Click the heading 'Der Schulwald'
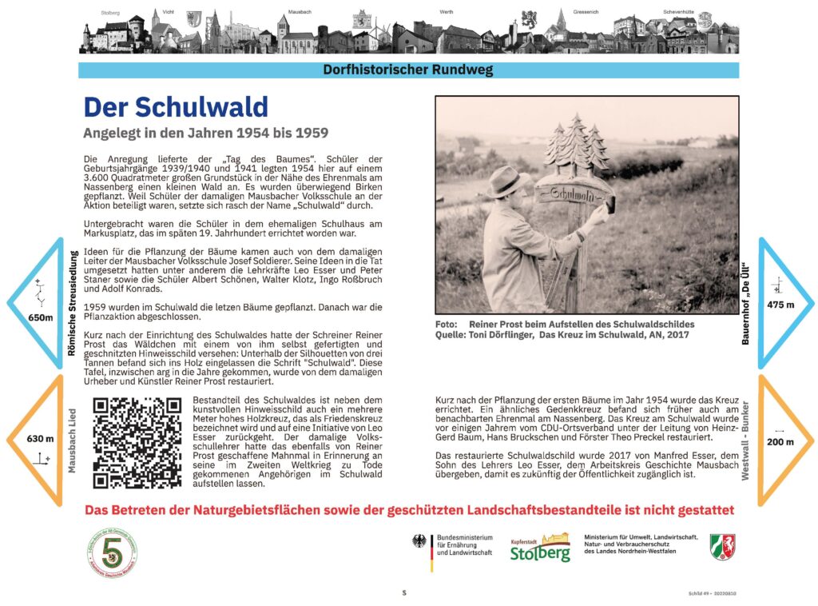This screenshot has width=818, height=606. (176, 108)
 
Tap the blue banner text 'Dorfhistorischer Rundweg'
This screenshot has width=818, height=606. (407, 70)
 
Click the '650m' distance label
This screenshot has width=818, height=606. (40, 317)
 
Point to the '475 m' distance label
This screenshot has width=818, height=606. (780, 305)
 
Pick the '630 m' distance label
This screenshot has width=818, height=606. (40, 438)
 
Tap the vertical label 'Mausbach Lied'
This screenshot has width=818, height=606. (73, 440)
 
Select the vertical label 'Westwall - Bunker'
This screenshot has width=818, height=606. (745, 440)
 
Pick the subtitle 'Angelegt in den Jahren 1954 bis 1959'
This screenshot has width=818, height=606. (206, 132)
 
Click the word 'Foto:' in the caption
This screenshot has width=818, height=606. (447, 324)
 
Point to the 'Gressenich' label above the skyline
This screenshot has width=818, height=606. (563, 13)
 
